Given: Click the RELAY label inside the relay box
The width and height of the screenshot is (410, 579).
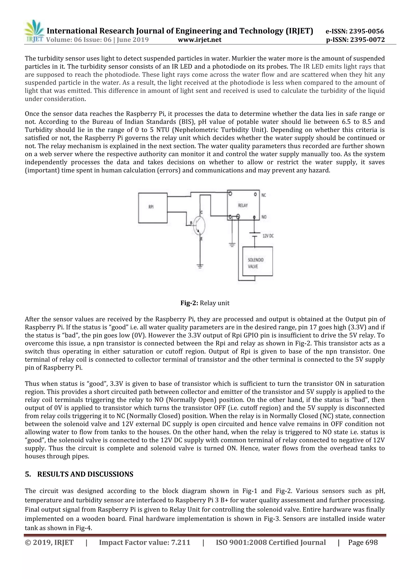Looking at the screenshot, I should click(243, 205).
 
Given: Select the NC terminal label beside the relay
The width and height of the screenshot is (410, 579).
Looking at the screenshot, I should click(264, 195).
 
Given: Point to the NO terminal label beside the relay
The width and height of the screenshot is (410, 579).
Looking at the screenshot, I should click(264, 217).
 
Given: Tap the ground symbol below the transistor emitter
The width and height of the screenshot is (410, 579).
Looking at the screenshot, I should click(200, 266).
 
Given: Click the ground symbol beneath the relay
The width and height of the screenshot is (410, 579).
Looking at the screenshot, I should click(232, 245).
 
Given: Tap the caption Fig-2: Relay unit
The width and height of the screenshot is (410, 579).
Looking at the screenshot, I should click(205, 303).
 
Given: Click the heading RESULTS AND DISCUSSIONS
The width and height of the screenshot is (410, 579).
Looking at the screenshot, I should click(85, 474).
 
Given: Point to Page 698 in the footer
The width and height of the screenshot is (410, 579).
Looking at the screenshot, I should click(363, 542).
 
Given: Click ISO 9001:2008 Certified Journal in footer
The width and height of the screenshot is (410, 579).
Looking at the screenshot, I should click(271, 542).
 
